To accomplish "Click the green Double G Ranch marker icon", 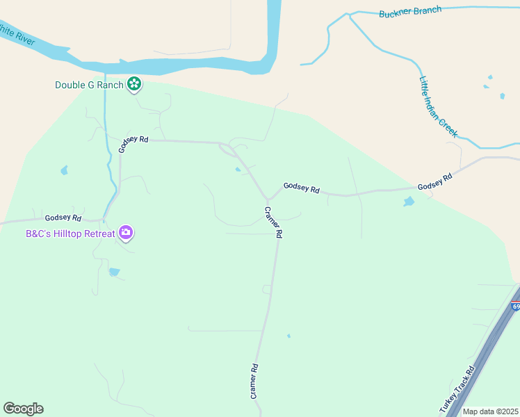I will pyautogui.click(x=134, y=85).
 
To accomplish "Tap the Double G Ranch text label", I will pyautogui.click(x=89, y=85).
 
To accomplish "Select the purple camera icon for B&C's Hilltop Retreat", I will pyautogui.click(x=126, y=233).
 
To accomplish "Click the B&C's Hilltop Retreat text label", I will pyautogui.click(x=70, y=234).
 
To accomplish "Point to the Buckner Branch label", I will pyautogui.click(x=410, y=13).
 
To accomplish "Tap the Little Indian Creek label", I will pyautogui.click(x=438, y=105).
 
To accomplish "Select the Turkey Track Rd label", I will pyautogui.click(x=457, y=390).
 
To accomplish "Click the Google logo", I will pyautogui.click(x=23, y=408).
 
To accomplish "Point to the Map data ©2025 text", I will pyautogui.click(x=490, y=411).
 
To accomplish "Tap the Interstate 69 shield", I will pyautogui.click(x=515, y=306).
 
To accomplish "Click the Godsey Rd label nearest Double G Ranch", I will pyautogui.click(x=133, y=143).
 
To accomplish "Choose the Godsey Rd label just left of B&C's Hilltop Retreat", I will pyautogui.click(x=63, y=218).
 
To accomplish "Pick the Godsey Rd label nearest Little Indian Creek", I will pyautogui.click(x=435, y=182).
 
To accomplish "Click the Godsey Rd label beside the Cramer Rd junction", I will pyautogui.click(x=301, y=188).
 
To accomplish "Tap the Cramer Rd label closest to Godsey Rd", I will pyautogui.click(x=273, y=223).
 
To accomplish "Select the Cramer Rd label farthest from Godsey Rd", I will pyautogui.click(x=254, y=382).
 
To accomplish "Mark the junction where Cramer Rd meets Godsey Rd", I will pyautogui.click(x=268, y=199).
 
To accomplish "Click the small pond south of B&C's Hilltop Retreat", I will pyautogui.click(x=115, y=272).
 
